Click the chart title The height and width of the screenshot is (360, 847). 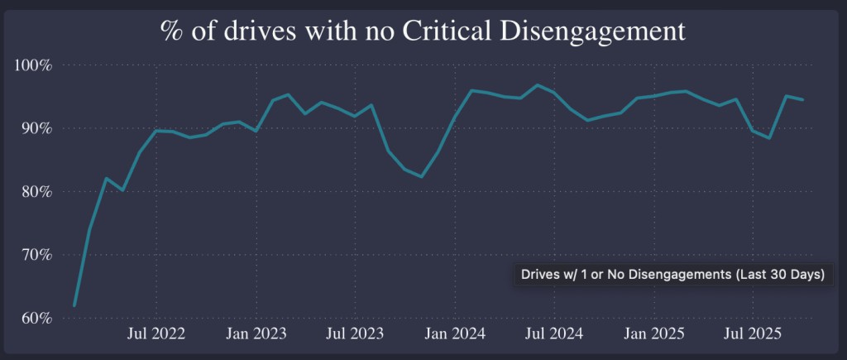[x=423, y=31]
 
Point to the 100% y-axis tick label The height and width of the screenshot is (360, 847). [x=34, y=65]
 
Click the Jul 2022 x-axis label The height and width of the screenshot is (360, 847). [x=157, y=334]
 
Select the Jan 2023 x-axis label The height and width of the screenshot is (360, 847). [x=257, y=334]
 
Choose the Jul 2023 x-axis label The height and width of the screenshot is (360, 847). [x=356, y=334]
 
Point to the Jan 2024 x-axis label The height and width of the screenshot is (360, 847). [x=456, y=334]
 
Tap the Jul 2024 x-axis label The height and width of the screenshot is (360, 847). [x=554, y=334]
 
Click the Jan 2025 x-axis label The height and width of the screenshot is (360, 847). [x=654, y=334]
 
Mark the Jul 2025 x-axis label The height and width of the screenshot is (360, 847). [x=753, y=334]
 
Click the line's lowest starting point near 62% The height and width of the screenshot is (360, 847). [x=74, y=306]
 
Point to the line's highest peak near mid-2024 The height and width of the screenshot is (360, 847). [x=538, y=85]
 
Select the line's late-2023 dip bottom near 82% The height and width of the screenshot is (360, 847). [x=422, y=176]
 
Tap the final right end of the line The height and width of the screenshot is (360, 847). [x=802, y=99]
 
